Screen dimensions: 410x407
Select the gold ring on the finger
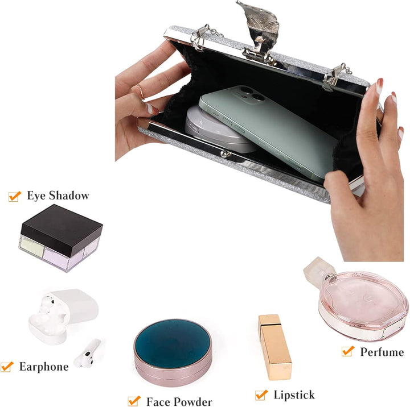(x=141, y=92)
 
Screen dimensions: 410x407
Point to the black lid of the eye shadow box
(x=61, y=230)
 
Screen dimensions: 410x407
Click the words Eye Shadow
(x=58, y=196)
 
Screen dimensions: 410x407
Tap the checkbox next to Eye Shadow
(x=14, y=196)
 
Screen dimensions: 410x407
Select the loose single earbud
(x=87, y=353)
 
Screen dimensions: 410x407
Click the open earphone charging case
(x=63, y=316)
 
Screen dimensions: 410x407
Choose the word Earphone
(x=44, y=367)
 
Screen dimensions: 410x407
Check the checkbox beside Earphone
(x=7, y=367)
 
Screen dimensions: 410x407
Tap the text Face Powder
(x=179, y=401)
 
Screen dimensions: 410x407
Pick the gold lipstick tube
(x=275, y=347)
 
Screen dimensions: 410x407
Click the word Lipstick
(x=294, y=395)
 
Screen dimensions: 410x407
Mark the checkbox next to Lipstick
(x=261, y=395)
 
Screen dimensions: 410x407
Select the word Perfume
(x=382, y=352)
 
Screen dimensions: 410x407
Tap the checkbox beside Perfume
(x=348, y=351)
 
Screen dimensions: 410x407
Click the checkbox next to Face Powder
(x=134, y=401)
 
